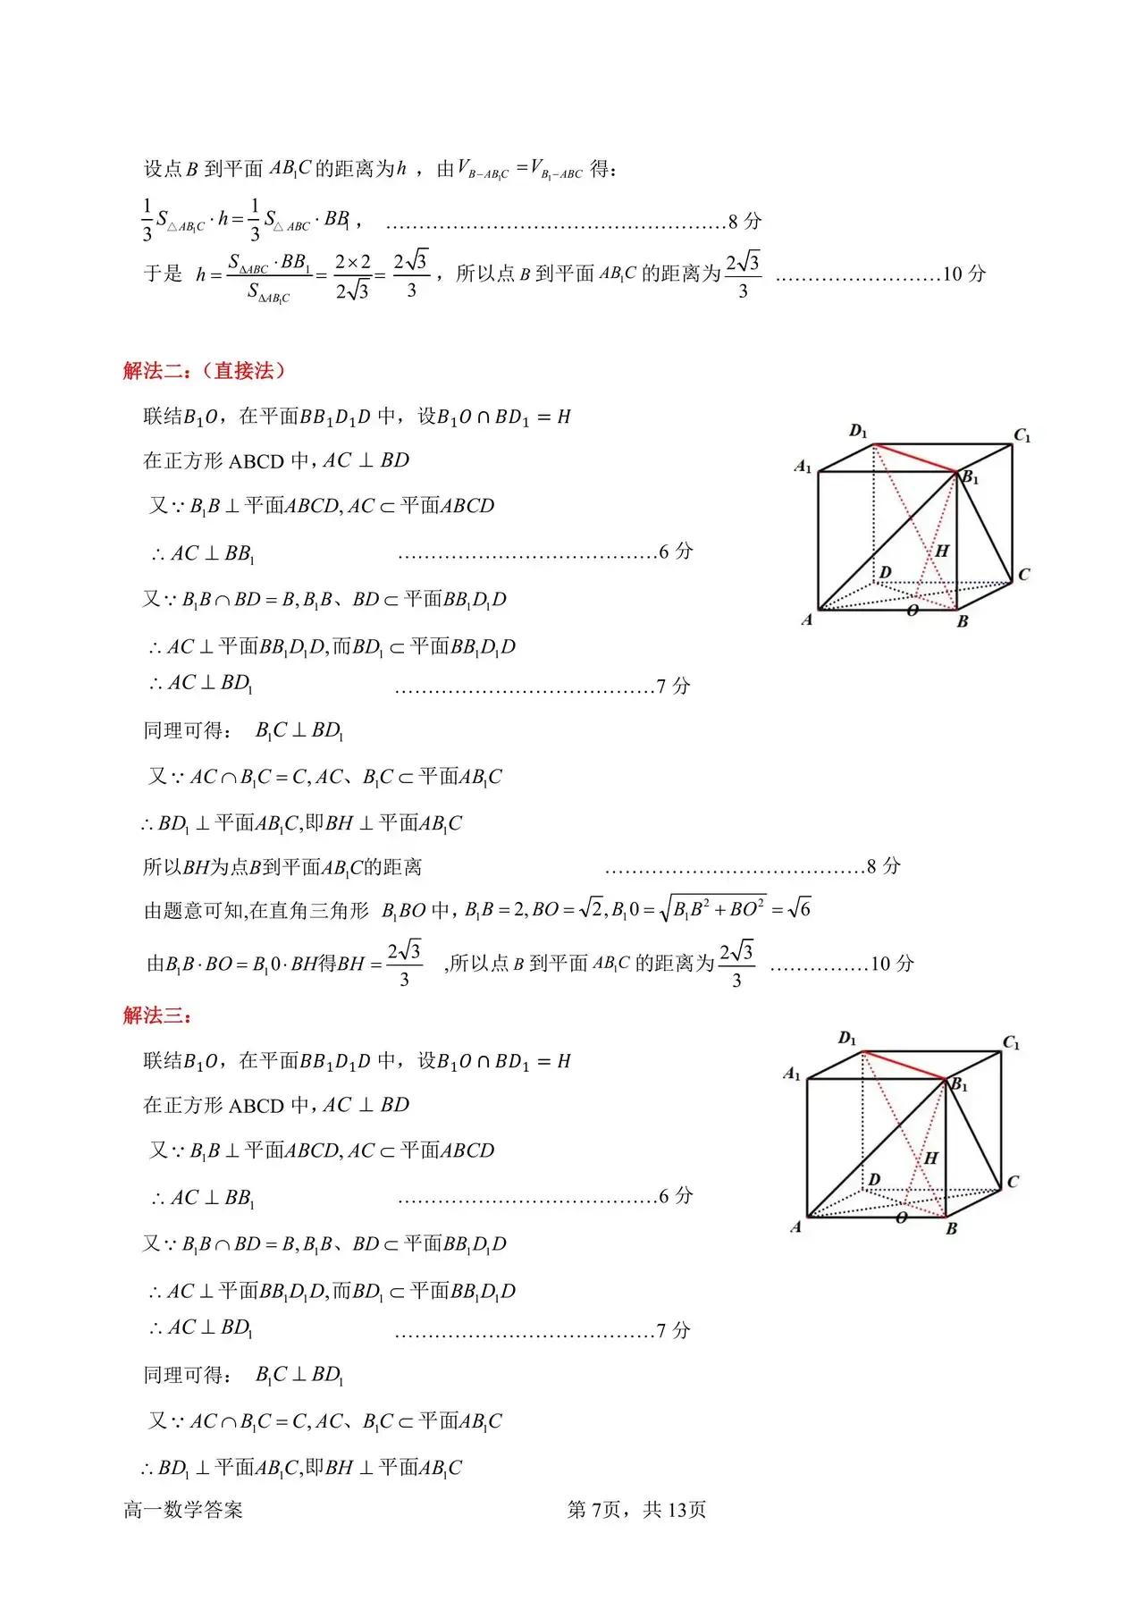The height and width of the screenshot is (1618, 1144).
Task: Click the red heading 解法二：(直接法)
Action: pos(204,371)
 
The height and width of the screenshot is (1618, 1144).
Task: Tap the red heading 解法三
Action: pos(157,1015)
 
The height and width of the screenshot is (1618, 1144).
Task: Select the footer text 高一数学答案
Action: pos(183,1510)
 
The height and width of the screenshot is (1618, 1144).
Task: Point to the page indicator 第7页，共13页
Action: pos(636,1510)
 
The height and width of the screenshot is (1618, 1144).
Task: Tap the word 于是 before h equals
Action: pos(163,274)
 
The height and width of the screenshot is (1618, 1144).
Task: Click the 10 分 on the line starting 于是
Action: pos(963,274)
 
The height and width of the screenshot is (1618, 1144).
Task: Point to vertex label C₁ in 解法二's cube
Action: pos(1022,436)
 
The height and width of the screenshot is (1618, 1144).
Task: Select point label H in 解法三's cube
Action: pos(931,1158)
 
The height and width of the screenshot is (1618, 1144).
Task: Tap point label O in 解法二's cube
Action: pos(913,611)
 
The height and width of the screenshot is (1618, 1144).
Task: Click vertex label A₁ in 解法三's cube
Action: pos(792,1074)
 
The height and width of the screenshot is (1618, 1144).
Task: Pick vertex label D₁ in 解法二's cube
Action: pos(858,432)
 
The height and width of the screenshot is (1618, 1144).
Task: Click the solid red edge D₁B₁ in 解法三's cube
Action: pos(904,1066)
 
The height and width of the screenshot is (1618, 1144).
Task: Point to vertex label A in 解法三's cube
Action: pos(795,1227)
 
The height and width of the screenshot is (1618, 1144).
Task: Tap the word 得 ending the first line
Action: pos(601,168)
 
